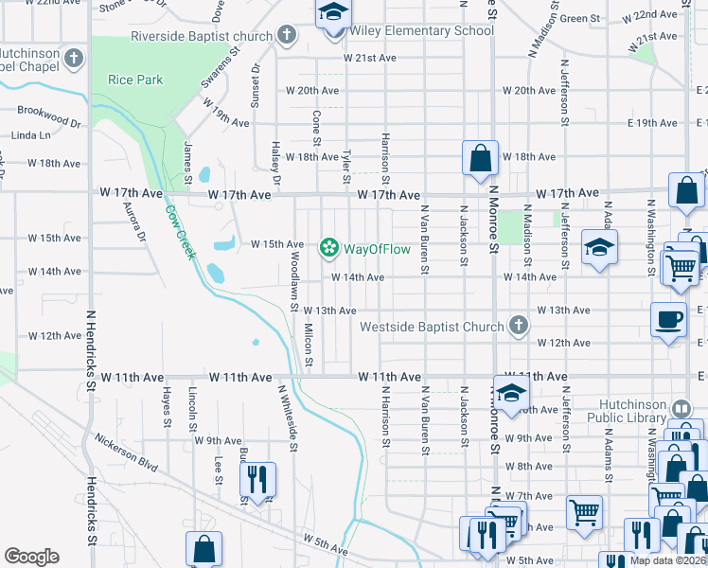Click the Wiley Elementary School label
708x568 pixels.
422,31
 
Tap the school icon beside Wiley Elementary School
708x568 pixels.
332,15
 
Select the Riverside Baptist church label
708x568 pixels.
203,36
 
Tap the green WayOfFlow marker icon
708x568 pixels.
328,248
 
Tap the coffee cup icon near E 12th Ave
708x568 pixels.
669,320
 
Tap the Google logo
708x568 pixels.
31,557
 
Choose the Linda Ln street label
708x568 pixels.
31,136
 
